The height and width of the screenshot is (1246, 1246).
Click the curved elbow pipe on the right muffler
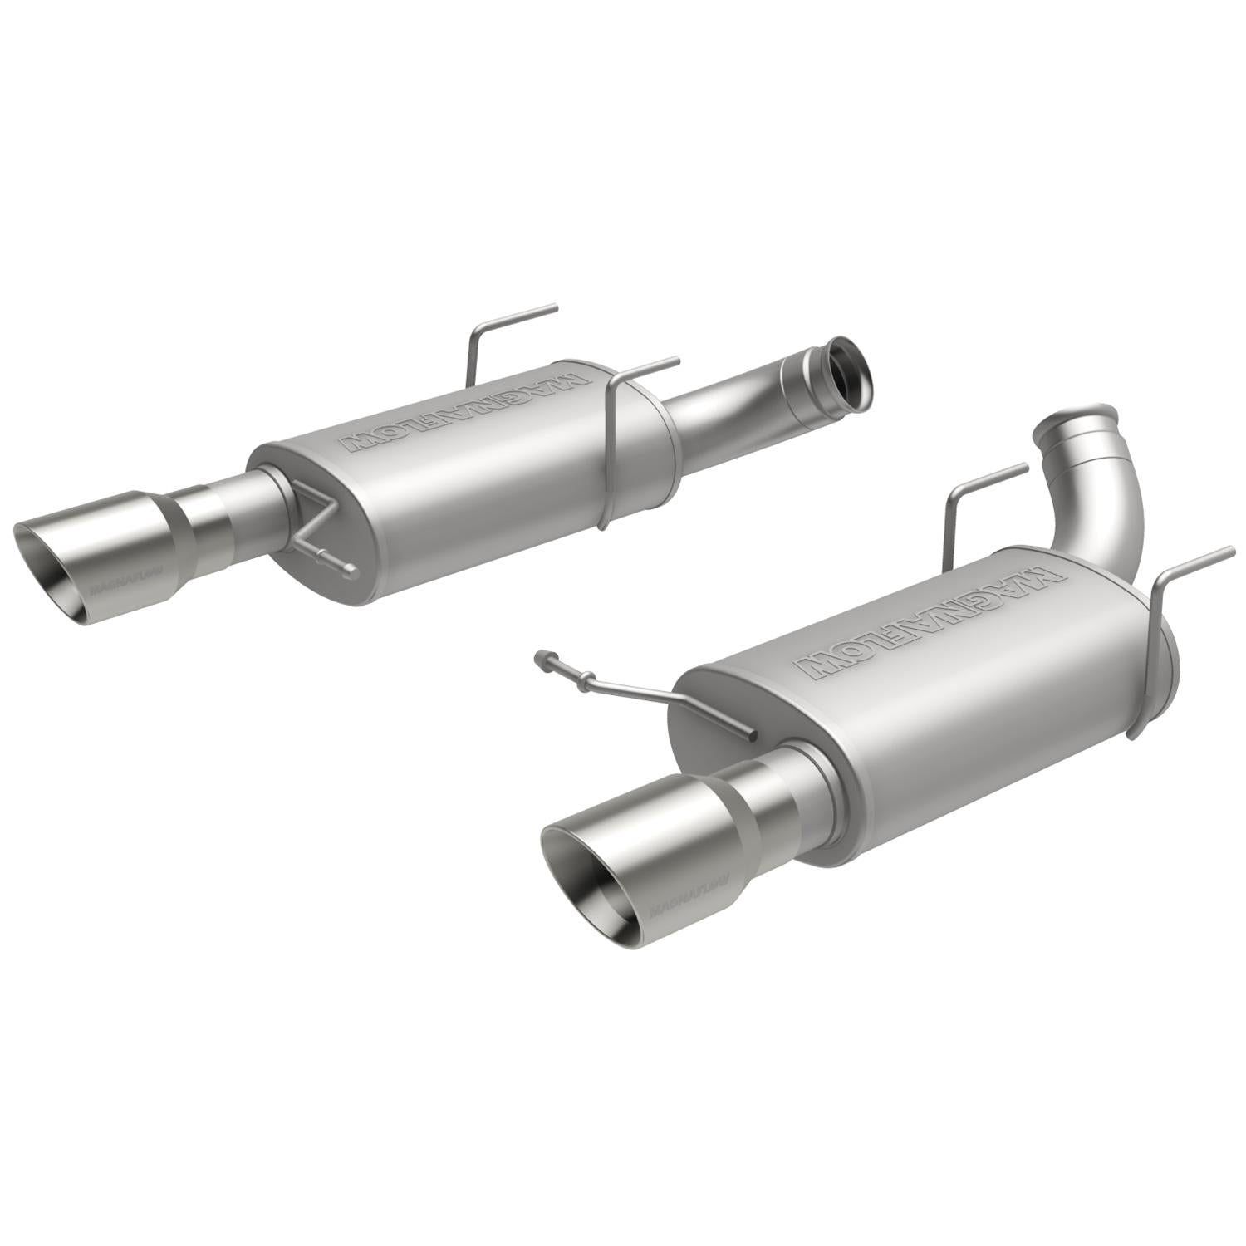click(x=1105, y=498)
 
